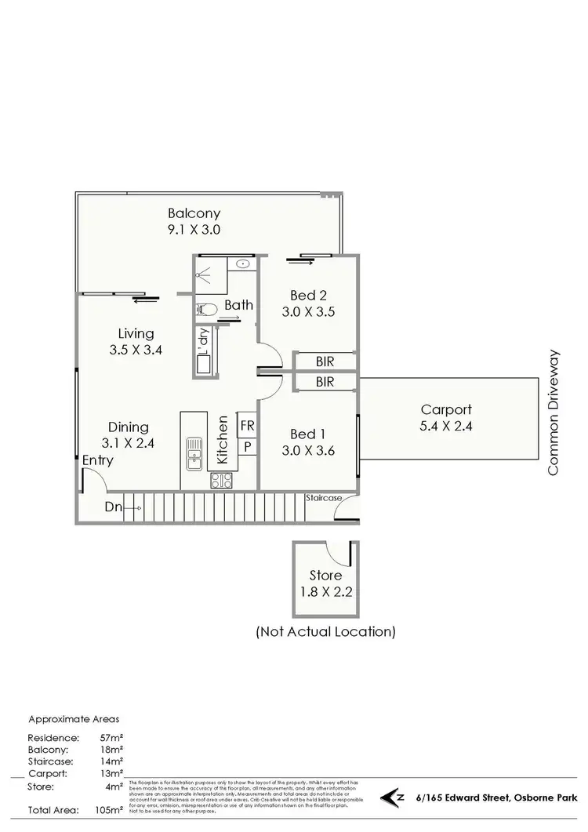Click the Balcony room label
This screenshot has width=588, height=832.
pyautogui.click(x=194, y=213)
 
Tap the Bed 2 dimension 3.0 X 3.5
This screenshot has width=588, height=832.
pyautogui.click(x=308, y=311)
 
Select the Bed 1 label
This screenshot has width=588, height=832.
pyautogui.click(x=308, y=434)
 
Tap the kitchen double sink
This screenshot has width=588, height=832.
pyautogui.click(x=194, y=452)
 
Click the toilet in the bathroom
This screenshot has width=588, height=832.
pyautogui.click(x=205, y=309)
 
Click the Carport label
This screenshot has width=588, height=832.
pyautogui.click(x=445, y=409)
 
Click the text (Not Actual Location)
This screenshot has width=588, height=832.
pyautogui.click(x=325, y=630)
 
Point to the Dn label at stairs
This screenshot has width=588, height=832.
pyautogui.click(x=113, y=507)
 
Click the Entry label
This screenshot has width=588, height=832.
pyautogui.click(x=98, y=460)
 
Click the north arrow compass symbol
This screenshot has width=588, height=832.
pyautogui.click(x=390, y=798)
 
